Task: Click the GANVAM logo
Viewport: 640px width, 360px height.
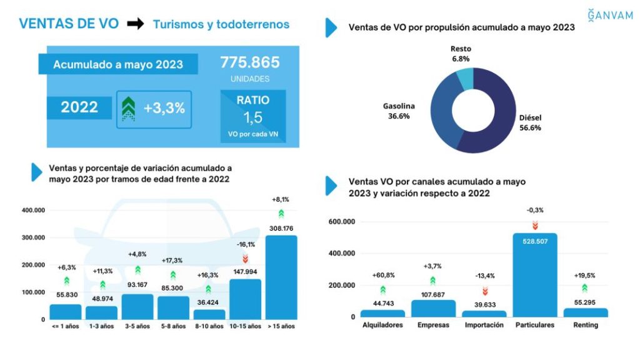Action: [611, 15]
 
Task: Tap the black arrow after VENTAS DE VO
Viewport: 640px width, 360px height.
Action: [135, 24]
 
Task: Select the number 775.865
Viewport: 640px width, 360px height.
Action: [249, 62]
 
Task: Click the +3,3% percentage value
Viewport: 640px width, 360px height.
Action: [164, 108]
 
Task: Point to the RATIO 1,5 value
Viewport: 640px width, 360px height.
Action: [252, 117]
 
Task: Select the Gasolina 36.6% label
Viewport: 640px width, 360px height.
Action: [398, 111]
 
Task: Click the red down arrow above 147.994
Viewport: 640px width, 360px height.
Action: [245, 258]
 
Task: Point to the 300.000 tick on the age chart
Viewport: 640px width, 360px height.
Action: [33, 237]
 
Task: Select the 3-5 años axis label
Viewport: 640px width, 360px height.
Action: [137, 326]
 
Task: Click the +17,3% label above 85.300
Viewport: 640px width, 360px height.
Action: [173, 259]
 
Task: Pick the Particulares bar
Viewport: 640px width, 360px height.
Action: [534, 275]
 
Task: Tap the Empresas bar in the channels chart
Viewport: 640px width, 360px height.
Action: [433, 308]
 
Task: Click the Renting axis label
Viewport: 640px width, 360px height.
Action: [585, 325]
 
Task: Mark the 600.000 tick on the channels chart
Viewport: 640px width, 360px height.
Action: [341, 222]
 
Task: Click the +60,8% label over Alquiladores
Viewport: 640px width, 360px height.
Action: [382, 274]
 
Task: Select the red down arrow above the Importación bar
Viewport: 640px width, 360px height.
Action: [484, 291]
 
